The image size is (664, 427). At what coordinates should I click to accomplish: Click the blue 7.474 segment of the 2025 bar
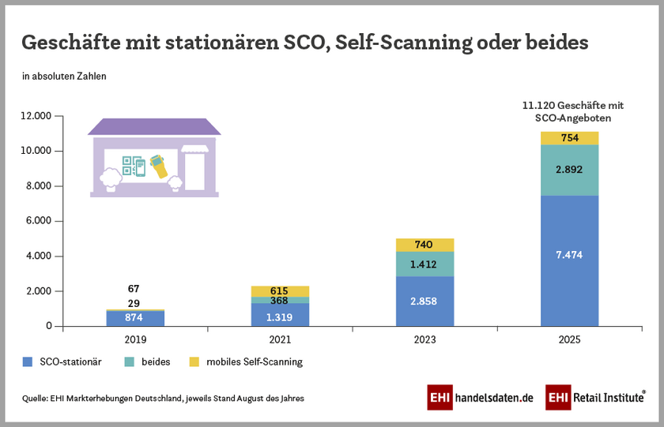pyautogui.click(x=569, y=260)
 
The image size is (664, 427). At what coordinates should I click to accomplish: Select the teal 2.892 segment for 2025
pyautogui.click(x=569, y=170)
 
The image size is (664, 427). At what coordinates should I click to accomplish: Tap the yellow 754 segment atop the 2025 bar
pyautogui.click(x=569, y=138)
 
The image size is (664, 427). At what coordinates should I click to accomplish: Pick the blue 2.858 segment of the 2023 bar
pyautogui.click(x=424, y=302)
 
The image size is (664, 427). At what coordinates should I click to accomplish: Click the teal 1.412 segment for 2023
pyautogui.click(x=424, y=264)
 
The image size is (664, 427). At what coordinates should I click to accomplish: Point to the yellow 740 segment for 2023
pyautogui.click(x=424, y=245)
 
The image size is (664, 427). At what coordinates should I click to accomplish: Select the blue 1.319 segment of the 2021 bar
pyautogui.click(x=280, y=315)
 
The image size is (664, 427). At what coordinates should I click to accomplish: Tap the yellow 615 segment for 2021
pyautogui.click(x=280, y=291)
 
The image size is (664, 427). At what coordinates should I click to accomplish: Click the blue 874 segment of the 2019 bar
pyautogui.click(x=135, y=318)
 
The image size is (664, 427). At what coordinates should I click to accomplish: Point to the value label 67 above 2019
pyautogui.click(x=133, y=289)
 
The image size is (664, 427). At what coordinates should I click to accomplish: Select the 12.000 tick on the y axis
pyautogui.click(x=36, y=116)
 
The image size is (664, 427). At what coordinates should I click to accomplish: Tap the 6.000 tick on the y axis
pyautogui.click(x=39, y=221)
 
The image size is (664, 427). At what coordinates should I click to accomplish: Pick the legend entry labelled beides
pyautogui.click(x=150, y=362)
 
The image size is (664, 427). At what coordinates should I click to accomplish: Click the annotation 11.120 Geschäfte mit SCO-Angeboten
pyautogui.click(x=573, y=110)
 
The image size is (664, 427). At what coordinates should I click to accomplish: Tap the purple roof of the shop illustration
pyautogui.click(x=154, y=127)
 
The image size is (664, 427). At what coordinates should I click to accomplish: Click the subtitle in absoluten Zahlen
pyautogui.click(x=64, y=77)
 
